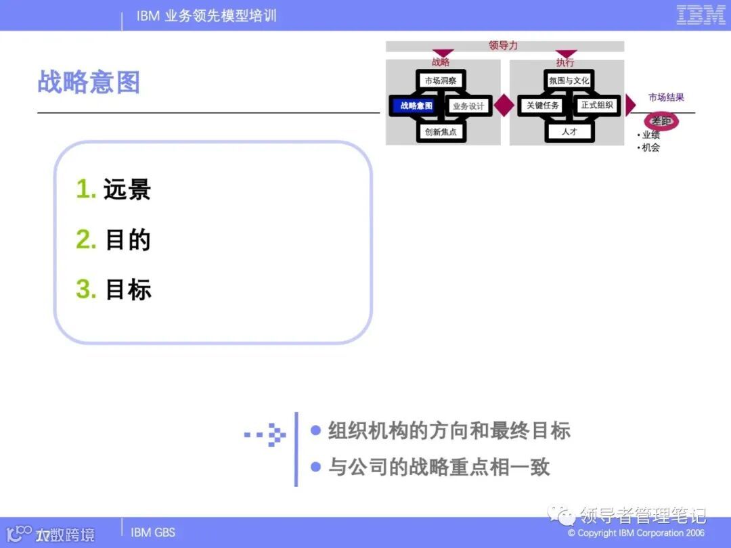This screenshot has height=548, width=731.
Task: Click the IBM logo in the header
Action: point(701,15)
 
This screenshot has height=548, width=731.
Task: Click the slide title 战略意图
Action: point(89,83)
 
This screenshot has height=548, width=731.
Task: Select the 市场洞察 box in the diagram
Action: point(440,81)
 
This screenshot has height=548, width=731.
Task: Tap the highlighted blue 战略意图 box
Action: point(416,106)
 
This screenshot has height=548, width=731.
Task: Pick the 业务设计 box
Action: point(468,106)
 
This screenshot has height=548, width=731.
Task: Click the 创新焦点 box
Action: point(441,132)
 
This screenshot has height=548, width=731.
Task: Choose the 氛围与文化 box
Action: point(569,81)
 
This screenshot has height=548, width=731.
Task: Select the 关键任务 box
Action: point(543,106)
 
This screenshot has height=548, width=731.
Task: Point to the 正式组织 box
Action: point(596,106)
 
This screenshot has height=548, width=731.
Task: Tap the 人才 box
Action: point(569,132)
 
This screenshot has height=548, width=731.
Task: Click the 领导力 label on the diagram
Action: point(503,46)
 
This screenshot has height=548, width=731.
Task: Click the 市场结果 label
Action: point(666,97)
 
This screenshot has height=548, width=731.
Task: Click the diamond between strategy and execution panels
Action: point(504,106)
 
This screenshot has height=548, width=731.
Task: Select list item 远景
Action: point(127,190)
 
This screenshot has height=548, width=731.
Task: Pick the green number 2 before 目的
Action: point(86,240)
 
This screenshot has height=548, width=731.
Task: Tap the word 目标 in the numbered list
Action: point(128,290)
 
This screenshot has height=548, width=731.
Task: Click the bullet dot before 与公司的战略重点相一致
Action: point(315,466)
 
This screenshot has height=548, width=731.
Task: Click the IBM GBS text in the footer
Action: point(152,532)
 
